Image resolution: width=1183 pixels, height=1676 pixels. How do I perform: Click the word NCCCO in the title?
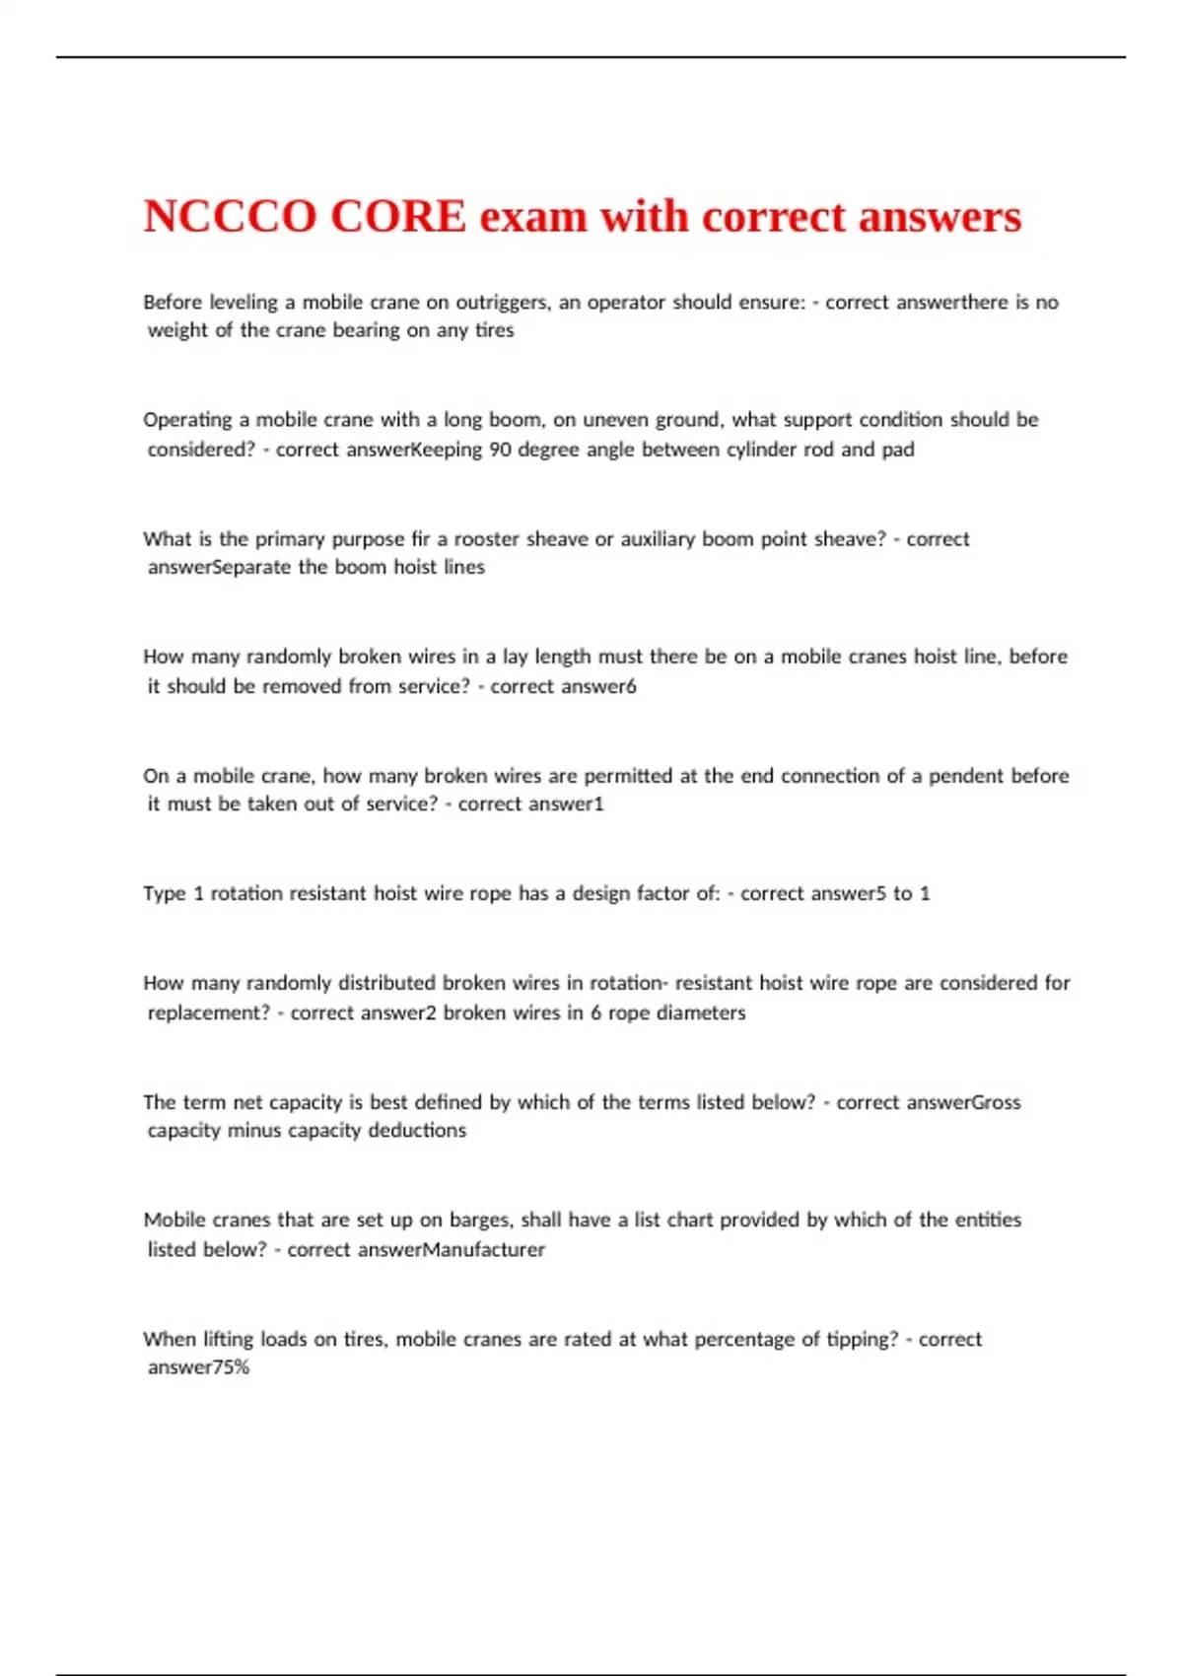click(x=230, y=217)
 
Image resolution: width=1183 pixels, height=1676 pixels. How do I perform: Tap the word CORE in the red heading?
click(x=397, y=217)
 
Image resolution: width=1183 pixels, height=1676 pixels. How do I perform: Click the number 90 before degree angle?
click(x=500, y=450)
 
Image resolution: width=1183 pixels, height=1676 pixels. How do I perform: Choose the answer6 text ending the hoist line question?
click(x=597, y=686)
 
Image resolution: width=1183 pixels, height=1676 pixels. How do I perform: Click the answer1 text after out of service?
click(x=566, y=804)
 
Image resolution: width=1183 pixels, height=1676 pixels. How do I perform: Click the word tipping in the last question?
click(x=863, y=1340)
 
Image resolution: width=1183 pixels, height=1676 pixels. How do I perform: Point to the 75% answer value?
click(x=231, y=1367)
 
